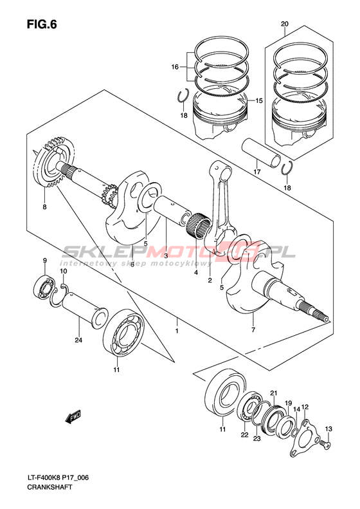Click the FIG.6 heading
tap(42, 24)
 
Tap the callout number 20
tap(285, 24)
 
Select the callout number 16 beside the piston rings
tap(175, 67)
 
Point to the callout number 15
tap(259, 100)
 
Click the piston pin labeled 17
tap(261, 153)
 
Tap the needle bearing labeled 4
tap(199, 225)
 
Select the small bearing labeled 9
tap(45, 288)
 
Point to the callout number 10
tap(63, 271)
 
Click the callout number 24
tap(78, 340)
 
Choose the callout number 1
tap(177, 331)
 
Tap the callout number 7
tap(253, 330)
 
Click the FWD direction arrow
tap(73, 416)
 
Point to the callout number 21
tap(274, 393)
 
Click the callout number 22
tap(244, 435)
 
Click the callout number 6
tap(132, 264)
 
